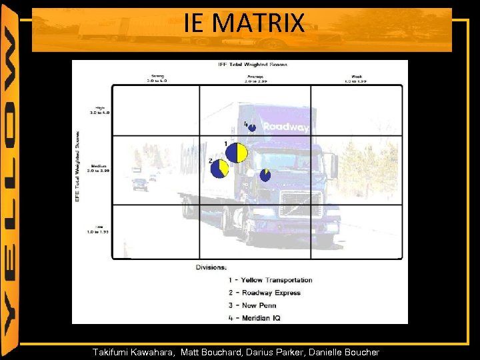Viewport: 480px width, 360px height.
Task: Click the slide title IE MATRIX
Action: [244, 25]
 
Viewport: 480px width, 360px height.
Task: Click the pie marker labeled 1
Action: [236, 153]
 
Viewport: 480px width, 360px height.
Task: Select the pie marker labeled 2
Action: [220, 169]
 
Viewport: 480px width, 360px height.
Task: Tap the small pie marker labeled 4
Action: [252, 127]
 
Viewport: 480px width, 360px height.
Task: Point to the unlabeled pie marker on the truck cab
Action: [265, 175]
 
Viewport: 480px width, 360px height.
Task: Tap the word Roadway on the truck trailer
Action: [285, 127]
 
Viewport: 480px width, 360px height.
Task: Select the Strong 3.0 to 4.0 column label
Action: [158, 78]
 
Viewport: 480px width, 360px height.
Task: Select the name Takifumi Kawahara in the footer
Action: [134, 352]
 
